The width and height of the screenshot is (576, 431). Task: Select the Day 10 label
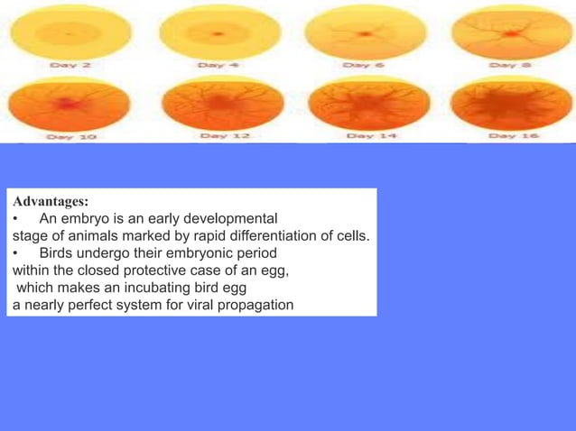click(x=73, y=136)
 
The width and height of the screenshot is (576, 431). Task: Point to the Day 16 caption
click(x=511, y=136)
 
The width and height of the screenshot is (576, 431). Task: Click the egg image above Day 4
click(x=216, y=33)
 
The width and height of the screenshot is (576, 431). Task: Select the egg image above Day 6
click(x=362, y=33)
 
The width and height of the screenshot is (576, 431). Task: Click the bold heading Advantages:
click(x=51, y=201)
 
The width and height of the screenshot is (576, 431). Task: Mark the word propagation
click(x=256, y=304)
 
